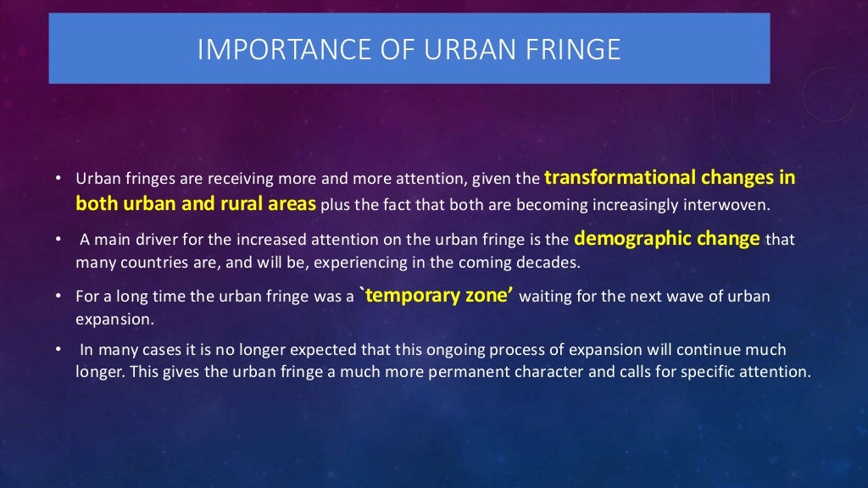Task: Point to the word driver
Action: point(148,239)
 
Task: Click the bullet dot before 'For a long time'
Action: point(57,297)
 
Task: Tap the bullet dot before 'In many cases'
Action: point(57,349)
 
